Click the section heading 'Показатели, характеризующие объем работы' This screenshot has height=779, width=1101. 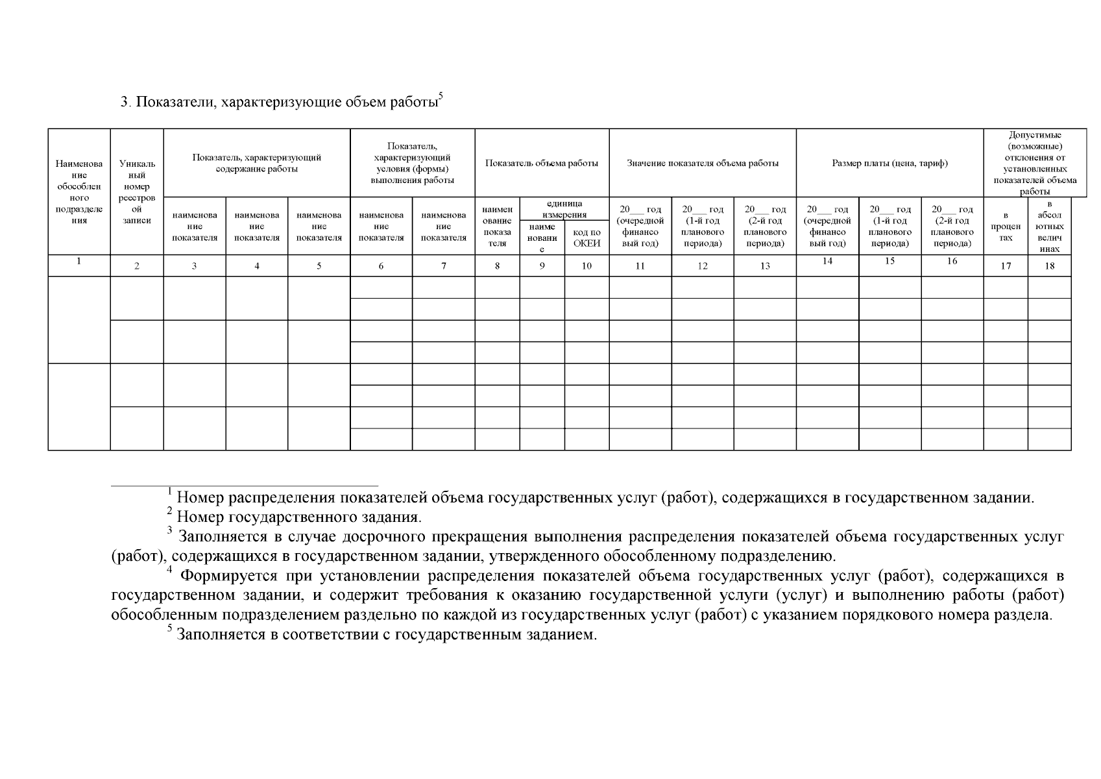coord(279,103)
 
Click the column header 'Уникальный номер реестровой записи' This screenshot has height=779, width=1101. coord(137,192)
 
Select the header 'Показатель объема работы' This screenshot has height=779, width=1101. coord(542,164)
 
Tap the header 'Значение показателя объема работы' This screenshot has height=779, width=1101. coord(702,164)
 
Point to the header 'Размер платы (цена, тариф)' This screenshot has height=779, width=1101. coord(889,164)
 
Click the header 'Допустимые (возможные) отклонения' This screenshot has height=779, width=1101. coord(1035,164)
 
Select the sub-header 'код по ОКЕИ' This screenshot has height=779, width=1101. coord(587,238)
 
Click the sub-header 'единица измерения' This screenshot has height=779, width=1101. coord(564,209)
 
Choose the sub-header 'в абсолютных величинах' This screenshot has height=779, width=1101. coord(1049,227)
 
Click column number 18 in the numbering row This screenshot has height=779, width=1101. coord(1049,266)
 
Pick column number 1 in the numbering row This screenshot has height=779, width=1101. coord(79,261)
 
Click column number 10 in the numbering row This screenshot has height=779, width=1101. coord(587,266)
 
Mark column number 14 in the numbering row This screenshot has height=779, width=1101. coord(827,261)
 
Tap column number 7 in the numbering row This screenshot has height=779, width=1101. coord(443,266)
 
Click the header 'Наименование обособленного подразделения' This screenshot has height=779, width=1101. coord(79,192)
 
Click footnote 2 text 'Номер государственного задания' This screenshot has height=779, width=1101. coord(299,518)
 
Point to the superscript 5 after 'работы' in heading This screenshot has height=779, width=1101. coord(441,97)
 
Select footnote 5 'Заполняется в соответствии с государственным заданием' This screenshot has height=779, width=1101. coord(386,635)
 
